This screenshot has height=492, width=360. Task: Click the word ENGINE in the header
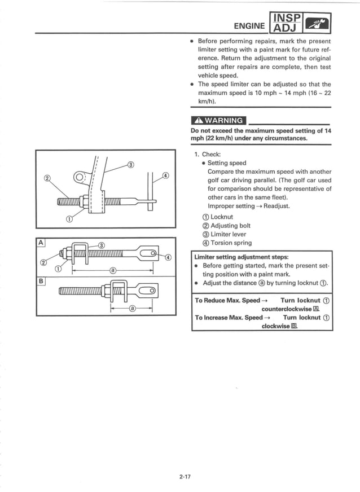249,26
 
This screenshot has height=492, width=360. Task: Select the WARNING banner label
218,120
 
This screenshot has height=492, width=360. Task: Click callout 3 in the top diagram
130,165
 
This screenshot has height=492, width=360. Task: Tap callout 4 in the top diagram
165,175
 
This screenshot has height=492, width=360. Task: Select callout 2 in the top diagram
47,179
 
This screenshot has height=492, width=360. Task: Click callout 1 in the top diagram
69,219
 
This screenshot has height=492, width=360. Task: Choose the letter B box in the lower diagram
40,278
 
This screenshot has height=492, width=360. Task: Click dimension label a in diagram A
113,270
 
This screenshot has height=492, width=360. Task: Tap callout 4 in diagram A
168,257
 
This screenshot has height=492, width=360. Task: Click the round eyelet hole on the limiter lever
79,179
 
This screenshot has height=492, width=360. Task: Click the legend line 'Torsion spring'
231,243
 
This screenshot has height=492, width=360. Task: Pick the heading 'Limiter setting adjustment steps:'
241,257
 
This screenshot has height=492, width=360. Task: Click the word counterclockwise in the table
286,309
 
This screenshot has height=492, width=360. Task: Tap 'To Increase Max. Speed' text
229,318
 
